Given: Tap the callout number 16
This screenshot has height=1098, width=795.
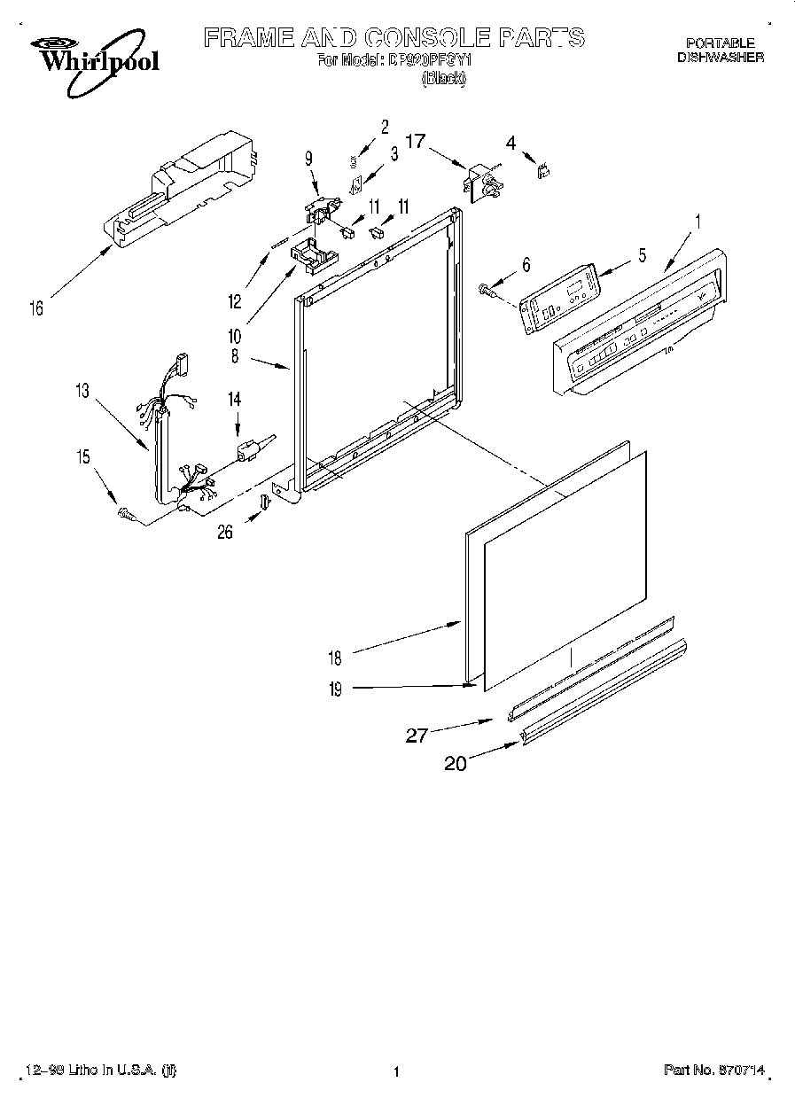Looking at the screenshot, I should pyautogui.click(x=36, y=308).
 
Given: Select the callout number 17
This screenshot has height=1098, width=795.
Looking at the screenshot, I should pyautogui.click(x=416, y=140).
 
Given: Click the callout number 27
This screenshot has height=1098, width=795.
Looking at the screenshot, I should pyautogui.click(x=417, y=735).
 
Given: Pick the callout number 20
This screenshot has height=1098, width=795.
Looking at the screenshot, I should pyautogui.click(x=456, y=763).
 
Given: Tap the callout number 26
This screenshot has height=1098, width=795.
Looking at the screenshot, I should pyautogui.click(x=227, y=532).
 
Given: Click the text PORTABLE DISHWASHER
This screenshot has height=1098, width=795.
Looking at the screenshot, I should pyautogui.click(x=720, y=50).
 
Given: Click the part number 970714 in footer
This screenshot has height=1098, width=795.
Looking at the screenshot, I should pyautogui.click(x=717, y=1071).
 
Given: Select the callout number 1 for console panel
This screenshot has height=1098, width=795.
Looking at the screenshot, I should pyautogui.click(x=697, y=222).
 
